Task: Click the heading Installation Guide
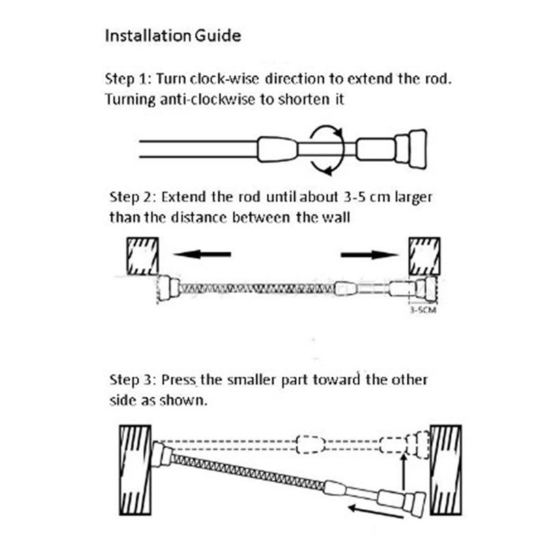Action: [173, 35]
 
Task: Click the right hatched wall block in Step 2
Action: [426, 255]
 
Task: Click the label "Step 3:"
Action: [133, 379]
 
